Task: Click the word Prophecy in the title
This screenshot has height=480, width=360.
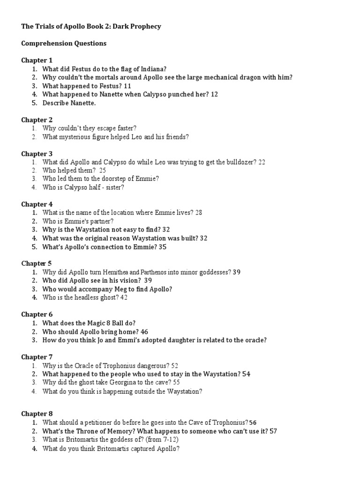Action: pyautogui.click(x=144, y=27)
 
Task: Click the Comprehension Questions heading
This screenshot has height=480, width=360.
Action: pyautogui.click(x=64, y=44)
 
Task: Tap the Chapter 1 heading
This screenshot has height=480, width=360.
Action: pyautogui.click(x=37, y=60)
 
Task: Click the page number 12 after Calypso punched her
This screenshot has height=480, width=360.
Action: pyautogui.click(x=215, y=94)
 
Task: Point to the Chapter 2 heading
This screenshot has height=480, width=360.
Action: pyautogui.click(x=37, y=120)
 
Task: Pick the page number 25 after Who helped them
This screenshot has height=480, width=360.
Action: pyautogui.click(x=103, y=171)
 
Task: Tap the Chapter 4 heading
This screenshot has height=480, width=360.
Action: pyautogui.click(x=37, y=204)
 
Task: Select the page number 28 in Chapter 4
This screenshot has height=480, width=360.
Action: pyautogui.click(x=198, y=212)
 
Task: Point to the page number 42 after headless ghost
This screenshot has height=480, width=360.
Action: pyautogui.click(x=124, y=297)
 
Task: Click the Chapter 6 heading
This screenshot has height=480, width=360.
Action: pyautogui.click(x=37, y=315)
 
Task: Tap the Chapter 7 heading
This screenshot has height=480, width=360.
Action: pyautogui.click(x=37, y=357)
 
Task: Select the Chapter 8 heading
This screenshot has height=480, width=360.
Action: pyautogui.click(x=37, y=413)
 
